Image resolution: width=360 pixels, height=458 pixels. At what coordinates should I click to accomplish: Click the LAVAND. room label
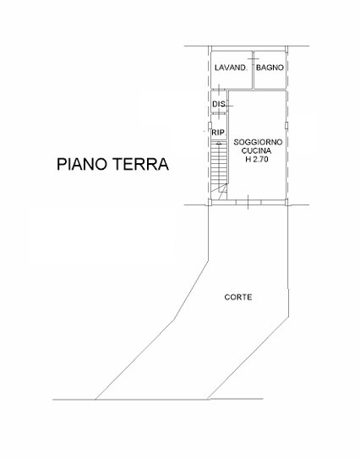(230, 68)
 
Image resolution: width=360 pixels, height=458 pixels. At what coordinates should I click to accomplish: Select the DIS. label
(218, 104)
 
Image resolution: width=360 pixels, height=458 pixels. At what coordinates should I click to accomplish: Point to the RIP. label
(218, 133)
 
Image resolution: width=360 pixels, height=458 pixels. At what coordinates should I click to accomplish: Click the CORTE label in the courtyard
(237, 297)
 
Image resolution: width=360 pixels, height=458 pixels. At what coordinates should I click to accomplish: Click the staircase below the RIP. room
(219, 165)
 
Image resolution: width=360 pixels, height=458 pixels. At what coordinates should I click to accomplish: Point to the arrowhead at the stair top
(219, 145)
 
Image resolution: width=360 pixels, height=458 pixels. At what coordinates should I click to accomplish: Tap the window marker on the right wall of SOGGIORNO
(287, 126)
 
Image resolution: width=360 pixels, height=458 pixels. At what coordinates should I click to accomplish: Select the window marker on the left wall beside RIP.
(209, 130)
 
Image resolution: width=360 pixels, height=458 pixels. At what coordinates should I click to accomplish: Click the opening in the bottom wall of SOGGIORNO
(244, 201)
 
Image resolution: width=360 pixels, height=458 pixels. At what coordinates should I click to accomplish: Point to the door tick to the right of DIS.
(227, 103)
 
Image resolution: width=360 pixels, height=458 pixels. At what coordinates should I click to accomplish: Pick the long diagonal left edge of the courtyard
(152, 330)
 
